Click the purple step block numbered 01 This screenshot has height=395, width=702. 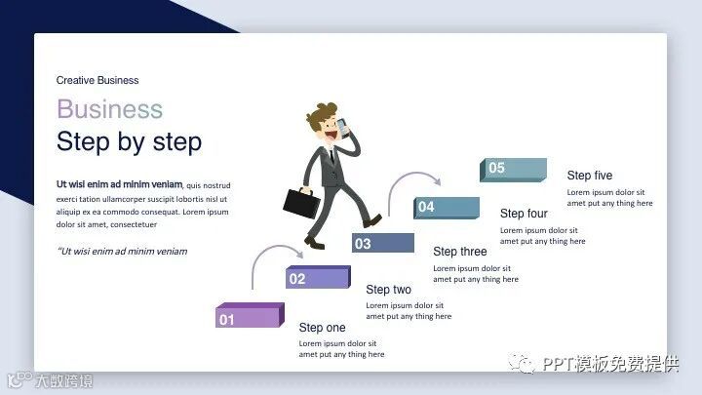(x=250, y=315)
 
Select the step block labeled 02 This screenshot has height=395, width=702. (x=318, y=277)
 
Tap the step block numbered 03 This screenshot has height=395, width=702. (x=383, y=243)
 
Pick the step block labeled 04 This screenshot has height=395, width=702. (x=447, y=208)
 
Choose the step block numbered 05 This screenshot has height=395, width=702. (x=513, y=170)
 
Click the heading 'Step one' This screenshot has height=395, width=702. (x=322, y=328)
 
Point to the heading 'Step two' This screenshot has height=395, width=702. (x=388, y=290)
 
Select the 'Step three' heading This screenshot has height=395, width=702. (x=460, y=252)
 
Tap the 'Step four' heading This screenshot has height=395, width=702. (x=524, y=214)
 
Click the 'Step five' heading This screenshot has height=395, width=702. (x=590, y=176)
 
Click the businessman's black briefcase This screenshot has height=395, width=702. (x=301, y=203)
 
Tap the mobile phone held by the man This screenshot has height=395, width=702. (x=343, y=128)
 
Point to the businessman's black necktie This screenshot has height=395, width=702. (x=331, y=155)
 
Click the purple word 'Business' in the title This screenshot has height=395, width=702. (x=109, y=109)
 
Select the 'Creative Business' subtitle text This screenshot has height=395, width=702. (x=97, y=80)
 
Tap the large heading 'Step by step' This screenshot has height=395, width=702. (x=129, y=141)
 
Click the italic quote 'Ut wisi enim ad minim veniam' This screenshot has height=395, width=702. (x=122, y=252)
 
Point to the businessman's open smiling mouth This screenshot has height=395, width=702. (x=331, y=134)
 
